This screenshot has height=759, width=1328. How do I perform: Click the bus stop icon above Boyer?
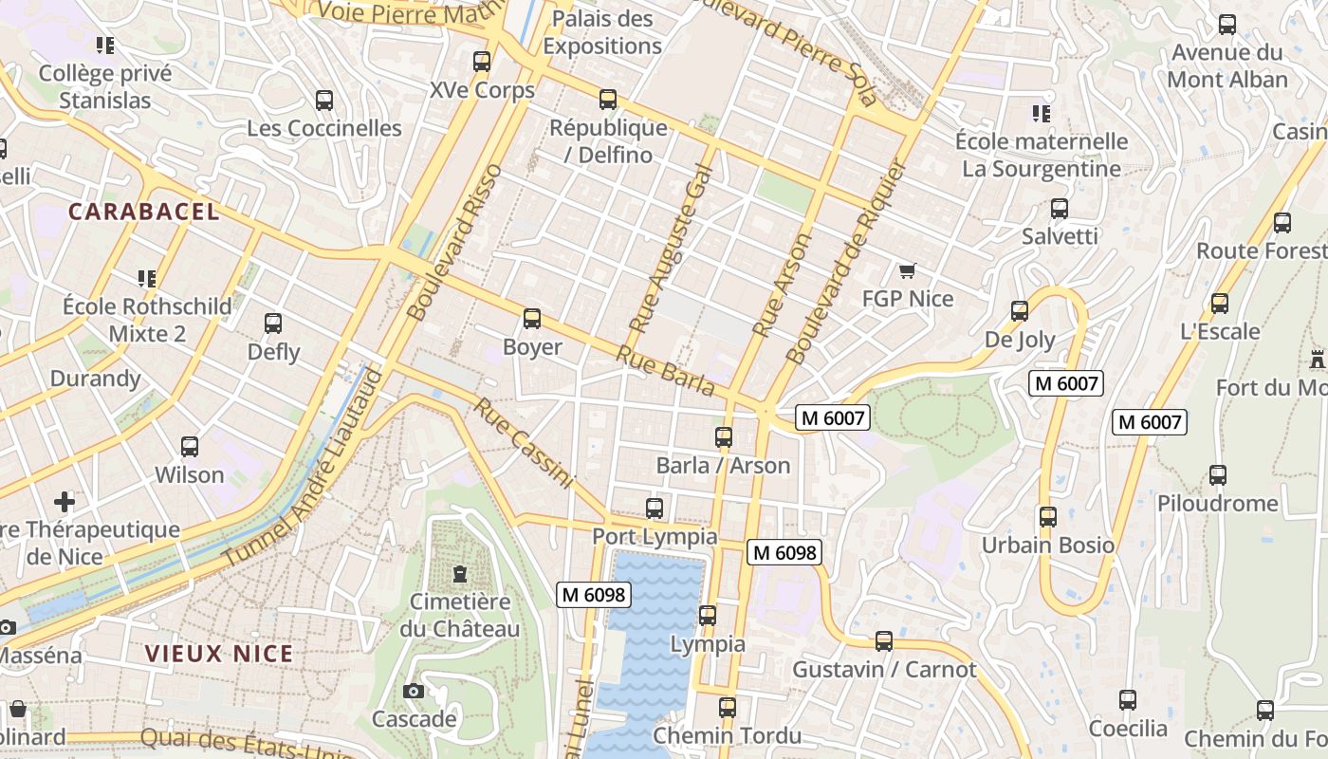pyautogui.click(x=532, y=319)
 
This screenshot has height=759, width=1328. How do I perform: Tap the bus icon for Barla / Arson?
pyautogui.click(x=724, y=437)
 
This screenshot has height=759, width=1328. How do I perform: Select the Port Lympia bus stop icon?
pyautogui.click(x=655, y=509)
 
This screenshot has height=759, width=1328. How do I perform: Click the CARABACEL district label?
pyautogui.click(x=144, y=212)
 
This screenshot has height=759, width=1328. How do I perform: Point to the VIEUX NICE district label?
pyautogui.click(x=219, y=654)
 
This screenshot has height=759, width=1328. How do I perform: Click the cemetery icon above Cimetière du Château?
pyautogui.click(x=460, y=574)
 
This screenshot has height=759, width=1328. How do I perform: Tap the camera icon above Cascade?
pyautogui.click(x=413, y=691)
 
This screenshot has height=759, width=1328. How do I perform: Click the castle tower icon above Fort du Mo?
pyautogui.click(x=1317, y=360)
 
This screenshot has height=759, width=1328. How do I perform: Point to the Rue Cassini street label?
pyautogui.click(x=524, y=444)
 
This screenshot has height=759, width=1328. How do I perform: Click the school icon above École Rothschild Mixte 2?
pyautogui.click(x=146, y=279)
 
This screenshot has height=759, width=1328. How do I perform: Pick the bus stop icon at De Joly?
pyautogui.click(x=1020, y=311)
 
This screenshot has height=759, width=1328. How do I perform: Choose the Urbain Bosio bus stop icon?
pyautogui.click(x=1048, y=517)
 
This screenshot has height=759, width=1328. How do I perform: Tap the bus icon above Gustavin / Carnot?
pyautogui.click(x=884, y=641)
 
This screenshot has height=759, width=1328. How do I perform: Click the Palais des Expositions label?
pyautogui.click(x=602, y=32)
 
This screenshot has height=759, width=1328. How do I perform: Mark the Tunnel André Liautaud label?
pyautogui.click(x=304, y=470)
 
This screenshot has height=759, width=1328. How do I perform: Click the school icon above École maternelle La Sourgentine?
pyautogui.click(x=1041, y=114)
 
